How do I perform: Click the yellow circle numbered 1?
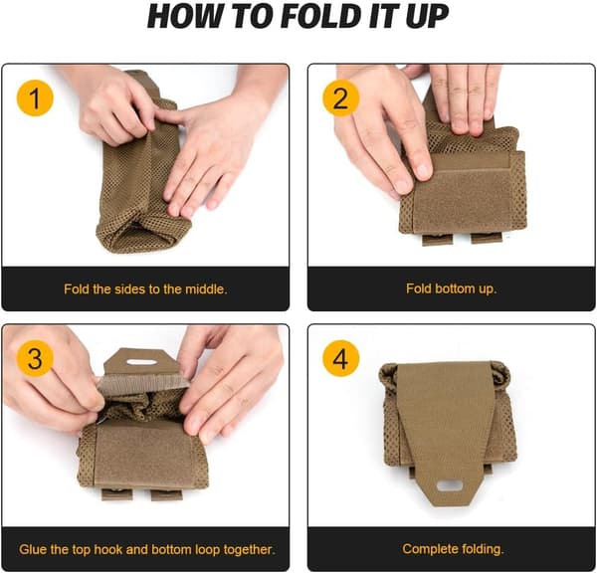[x=35, y=97]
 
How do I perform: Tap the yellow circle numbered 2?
[x=340, y=97]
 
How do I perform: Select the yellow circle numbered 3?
[x=35, y=358]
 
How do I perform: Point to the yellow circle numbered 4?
[x=340, y=358]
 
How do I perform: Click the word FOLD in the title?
[x=322, y=16]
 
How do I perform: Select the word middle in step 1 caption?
[x=206, y=289]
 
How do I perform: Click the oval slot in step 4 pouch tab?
[x=450, y=485]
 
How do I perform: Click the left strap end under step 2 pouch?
[x=437, y=240]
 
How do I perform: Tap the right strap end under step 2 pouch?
[x=487, y=239]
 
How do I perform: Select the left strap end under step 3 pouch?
[x=117, y=494]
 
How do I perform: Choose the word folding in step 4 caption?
[x=483, y=549]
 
